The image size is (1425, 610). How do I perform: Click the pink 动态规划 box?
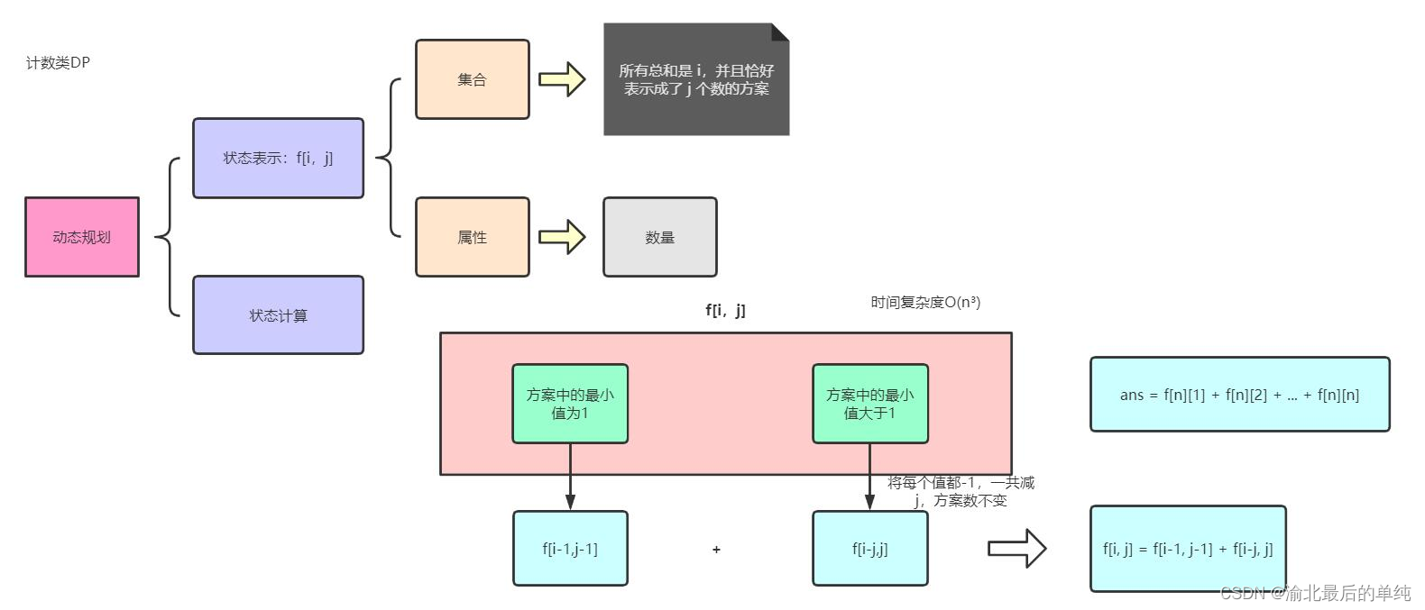click(81, 237)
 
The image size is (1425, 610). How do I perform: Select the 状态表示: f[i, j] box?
click(278, 158)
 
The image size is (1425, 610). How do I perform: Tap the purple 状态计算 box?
click(278, 315)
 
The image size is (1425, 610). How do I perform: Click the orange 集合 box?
click(472, 79)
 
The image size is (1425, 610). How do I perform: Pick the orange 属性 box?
click(472, 237)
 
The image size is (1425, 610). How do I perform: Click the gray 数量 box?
click(659, 237)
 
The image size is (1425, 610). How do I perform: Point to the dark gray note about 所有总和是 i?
click(696, 79)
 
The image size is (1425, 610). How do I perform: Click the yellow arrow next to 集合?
click(563, 79)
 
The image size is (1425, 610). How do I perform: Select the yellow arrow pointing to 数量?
click(563, 237)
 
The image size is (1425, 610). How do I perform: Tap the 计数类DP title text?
click(58, 62)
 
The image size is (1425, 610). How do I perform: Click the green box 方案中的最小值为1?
click(570, 404)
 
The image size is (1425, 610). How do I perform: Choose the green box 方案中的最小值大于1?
click(869, 404)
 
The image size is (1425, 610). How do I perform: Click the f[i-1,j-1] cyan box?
click(570, 549)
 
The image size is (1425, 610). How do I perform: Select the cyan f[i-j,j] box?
click(869, 549)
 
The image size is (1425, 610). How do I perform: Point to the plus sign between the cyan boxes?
click(716, 549)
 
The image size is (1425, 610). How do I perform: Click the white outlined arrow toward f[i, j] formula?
click(1016, 548)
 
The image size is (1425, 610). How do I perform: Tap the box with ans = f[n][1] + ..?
click(1239, 395)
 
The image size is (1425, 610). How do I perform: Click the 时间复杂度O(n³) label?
click(925, 302)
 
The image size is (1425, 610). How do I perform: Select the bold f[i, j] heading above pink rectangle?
click(725, 310)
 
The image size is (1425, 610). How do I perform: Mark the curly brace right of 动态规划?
click(168, 237)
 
